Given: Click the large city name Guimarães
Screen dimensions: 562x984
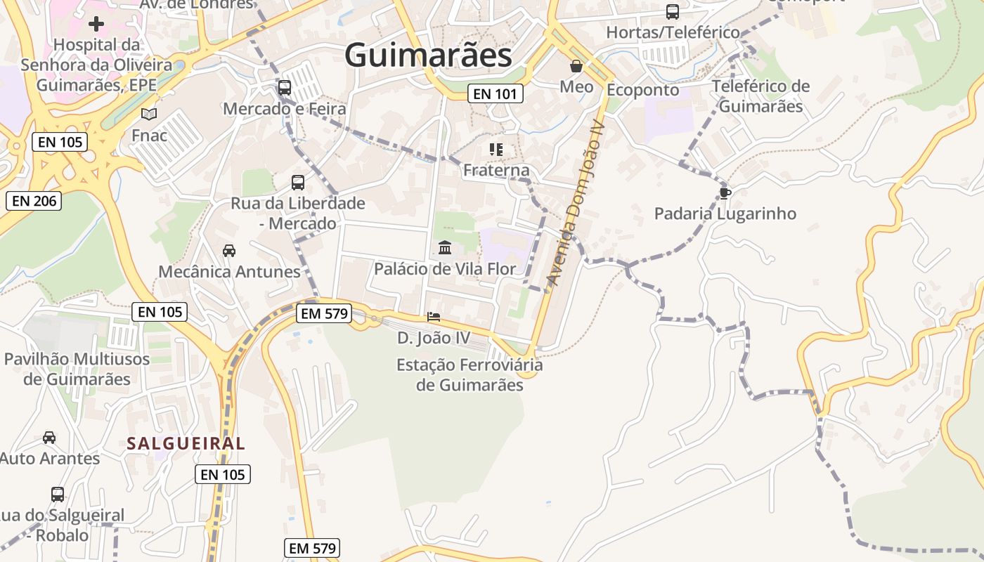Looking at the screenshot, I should pyautogui.click(x=428, y=55).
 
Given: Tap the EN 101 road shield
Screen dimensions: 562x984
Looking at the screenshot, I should pyautogui.click(x=496, y=93).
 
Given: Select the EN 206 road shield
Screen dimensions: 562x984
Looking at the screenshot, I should pyautogui.click(x=34, y=201).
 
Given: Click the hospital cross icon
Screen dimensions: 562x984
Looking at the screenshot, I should pyautogui.click(x=96, y=24).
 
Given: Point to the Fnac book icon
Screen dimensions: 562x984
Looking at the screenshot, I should pyautogui.click(x=149, y=114).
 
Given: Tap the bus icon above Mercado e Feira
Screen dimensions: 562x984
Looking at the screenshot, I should pyautogui.click(x=285, y=88).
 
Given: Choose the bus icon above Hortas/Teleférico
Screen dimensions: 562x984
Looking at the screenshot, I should pyautogui.click(x=673, y=12).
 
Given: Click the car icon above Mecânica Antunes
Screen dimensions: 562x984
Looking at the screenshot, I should pyautogui.click(x=229, y=250).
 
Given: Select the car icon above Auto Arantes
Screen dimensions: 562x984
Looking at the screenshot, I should pyautogui.click(x=49, y=438).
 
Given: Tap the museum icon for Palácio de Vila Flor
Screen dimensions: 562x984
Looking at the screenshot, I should pyautogui.click(x=444, y=247).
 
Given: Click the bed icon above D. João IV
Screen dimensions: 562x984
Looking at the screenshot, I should pyautogui.click(x=434, y=317).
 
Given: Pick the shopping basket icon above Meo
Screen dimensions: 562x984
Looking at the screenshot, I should pyautogui.click(x=576, y=67).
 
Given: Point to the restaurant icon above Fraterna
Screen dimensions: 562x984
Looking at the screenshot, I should pyautogui.click(x=496, y=149).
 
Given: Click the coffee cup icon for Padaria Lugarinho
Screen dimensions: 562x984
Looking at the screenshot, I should pyautogui.click(x=725, y=192).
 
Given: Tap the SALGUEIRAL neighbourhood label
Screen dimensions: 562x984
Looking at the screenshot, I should pyautogui.click(x=186, y=443).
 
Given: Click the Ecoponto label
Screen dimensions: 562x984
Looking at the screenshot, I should pyautogui.click(x=642, y=90).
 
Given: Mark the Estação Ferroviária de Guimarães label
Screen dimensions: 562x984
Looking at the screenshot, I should pyautogui.click(x=470, y=375).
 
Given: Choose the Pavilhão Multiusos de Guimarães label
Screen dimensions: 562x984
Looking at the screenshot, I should pyautogui.click(x=77, y=369).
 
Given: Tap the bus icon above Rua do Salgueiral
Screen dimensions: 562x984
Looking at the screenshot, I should pyautogui.click(x=58, y=494).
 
